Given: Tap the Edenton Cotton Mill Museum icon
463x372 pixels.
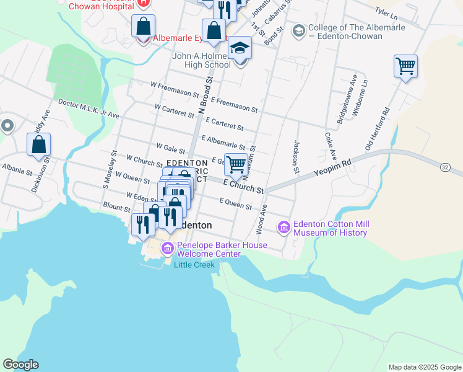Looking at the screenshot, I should coord(284,228).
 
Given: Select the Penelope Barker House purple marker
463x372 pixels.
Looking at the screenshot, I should coord(167,249).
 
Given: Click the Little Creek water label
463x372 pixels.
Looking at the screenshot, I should coord(194,265).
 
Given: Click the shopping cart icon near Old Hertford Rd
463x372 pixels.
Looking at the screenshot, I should coord(405,66).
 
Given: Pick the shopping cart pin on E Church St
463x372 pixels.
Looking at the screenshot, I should coord(236,165).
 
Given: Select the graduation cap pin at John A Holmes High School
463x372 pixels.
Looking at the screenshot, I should coord(240,48).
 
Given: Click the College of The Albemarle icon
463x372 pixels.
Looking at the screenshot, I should coord(298,30).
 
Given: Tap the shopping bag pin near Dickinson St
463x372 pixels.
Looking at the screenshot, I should coord(38,144).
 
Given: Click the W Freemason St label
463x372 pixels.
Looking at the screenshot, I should coord(175,91).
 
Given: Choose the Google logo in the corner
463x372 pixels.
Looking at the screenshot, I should coord(20,365).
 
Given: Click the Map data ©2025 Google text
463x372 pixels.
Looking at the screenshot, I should coord(425,367).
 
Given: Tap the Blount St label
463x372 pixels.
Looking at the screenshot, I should coord(116,206).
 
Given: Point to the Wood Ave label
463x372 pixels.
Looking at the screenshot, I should coord(262,219).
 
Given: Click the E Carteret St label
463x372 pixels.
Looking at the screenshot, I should coord(225,124).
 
